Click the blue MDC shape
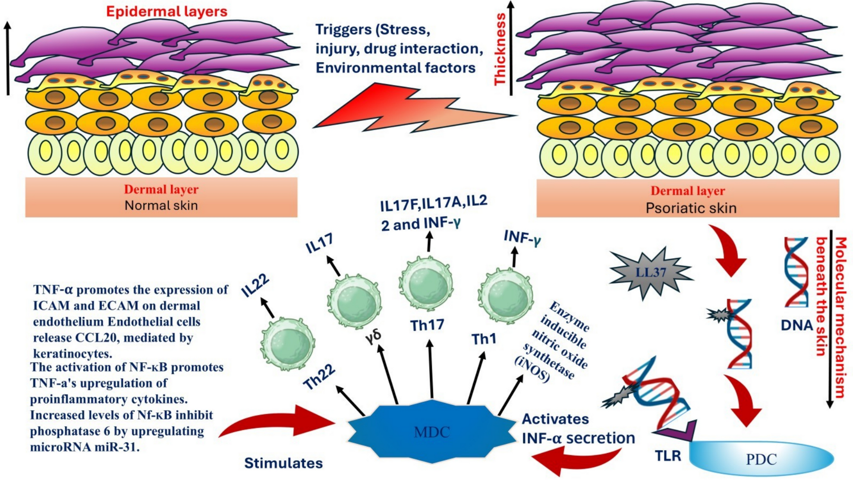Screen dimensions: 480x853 coord(432,432)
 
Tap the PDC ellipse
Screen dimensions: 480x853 coord(761,459)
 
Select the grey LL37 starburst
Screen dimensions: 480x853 coord(651,272)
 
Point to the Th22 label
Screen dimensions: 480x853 coord(320,376)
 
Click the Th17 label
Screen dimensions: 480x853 coord(427,325)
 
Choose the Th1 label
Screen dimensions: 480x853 coord(484,339)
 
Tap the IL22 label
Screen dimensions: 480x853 coord(255,285)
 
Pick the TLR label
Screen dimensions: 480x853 coord(668,456)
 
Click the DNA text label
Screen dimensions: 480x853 coord(796,325)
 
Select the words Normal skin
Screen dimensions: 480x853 coord(161,205)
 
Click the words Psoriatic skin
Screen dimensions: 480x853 coord(691,208)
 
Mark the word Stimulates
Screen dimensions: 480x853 coord(283,463)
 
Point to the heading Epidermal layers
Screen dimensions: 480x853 coord(167,11)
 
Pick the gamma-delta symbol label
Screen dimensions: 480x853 coord(374,337)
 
